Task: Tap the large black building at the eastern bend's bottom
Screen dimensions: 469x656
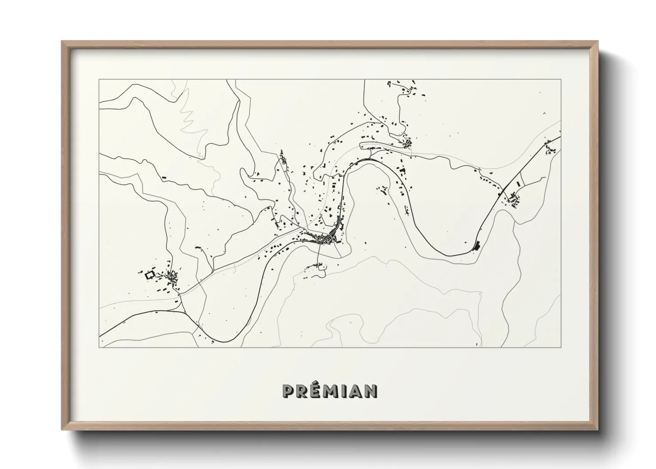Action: click(x=477, y=245)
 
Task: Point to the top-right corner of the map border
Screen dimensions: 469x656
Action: click(x=561, y=80)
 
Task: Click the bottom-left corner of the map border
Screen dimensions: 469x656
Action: click(x=99, y=347)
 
